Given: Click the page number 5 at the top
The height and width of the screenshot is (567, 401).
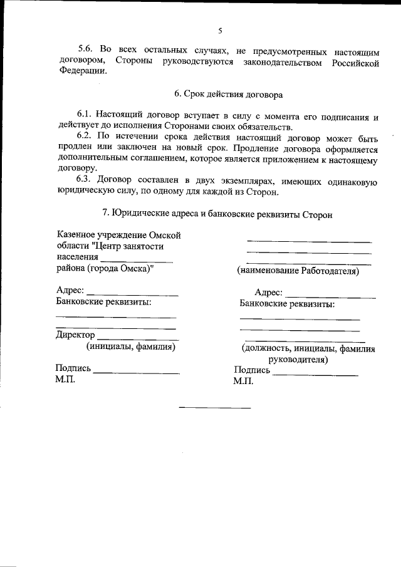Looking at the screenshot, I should coord(220,31).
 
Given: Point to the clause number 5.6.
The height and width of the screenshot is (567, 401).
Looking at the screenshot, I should coord(85,48).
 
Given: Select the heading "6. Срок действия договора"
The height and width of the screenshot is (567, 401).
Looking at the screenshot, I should coord(228,95).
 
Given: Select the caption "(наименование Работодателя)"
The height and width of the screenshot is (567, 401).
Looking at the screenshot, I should coord(298,271).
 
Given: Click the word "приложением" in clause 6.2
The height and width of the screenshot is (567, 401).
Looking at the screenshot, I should coord(302,159).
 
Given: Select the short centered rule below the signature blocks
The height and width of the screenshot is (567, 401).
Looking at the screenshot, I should coord(215,408).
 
